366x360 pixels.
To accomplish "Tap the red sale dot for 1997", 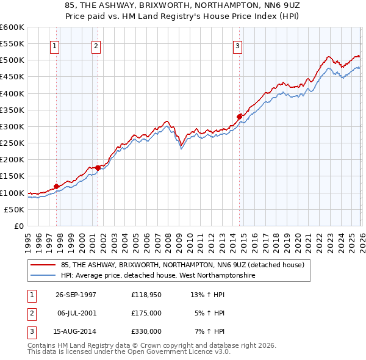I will point(57,186).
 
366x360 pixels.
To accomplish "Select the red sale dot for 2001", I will point(98,168).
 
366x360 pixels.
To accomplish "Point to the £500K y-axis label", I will point(12,60).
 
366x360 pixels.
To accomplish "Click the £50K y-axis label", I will point(14,209).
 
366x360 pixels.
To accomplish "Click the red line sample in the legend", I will point(43,265).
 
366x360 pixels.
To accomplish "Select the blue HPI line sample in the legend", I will point(43,276).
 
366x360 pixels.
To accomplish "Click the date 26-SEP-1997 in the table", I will point(76,294).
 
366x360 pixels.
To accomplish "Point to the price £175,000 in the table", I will point(146,313).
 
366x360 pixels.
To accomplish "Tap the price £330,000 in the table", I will point(146,331).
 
